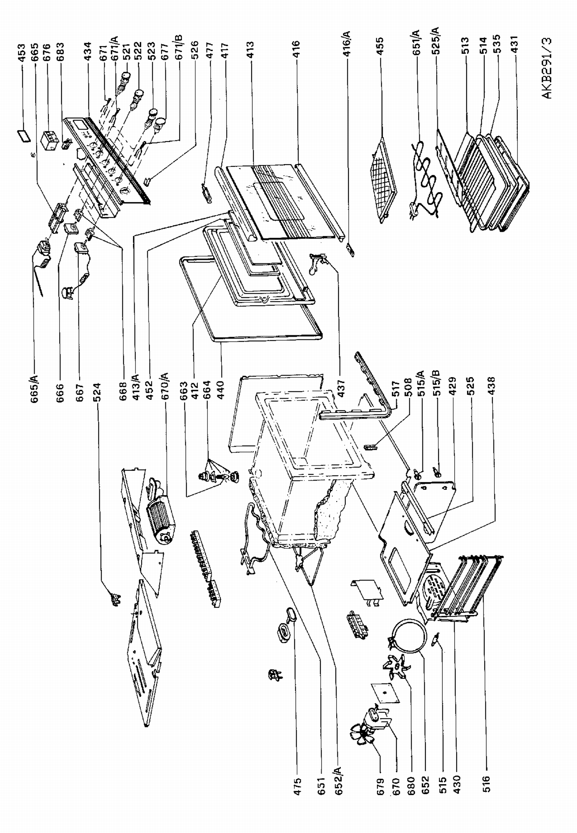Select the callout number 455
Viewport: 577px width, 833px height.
click(380, 46)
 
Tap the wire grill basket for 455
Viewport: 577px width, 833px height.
click(384, 180)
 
